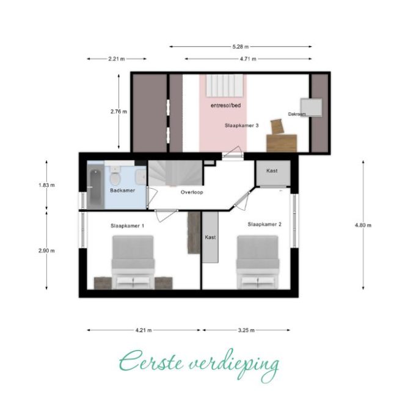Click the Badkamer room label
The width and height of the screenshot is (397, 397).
(x=123, y=191)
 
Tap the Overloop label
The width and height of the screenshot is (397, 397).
(x=192, y=192)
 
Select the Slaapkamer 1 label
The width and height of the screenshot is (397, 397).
(x=128, y=226)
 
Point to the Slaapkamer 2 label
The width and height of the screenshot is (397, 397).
(x=264, y=224)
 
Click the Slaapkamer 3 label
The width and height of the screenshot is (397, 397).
(x=241, y=125)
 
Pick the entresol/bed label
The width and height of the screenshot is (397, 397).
(x=226, y=105)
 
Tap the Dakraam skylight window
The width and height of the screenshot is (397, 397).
(x=311, y=107)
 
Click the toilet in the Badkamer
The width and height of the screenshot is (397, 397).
(x=115, y=176)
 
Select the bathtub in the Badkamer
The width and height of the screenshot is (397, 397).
(x=96, y=188)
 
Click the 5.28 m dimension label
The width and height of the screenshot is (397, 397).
(x=241, y=47)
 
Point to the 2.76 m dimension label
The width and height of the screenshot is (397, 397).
(x=118, y=112)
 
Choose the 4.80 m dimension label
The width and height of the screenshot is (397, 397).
(x=363, y=225)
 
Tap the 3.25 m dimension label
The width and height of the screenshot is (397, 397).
(x=246, y=330)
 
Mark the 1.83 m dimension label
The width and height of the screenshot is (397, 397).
(x=46, y=185)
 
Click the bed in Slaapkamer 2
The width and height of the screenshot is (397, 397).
(x=258, y=262)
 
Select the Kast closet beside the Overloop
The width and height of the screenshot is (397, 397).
(x=272, y=173)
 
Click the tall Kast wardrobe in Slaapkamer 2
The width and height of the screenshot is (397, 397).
(x=210, y=237)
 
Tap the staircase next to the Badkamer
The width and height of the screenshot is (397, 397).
(x=175, y=173)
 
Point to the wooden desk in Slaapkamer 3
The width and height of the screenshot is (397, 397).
(x=282, y=143)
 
